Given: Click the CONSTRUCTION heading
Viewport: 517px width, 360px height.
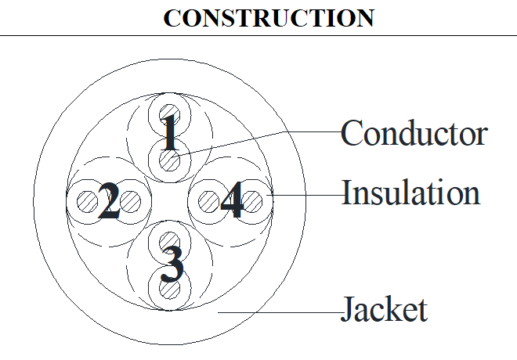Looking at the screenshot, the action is (269, 18).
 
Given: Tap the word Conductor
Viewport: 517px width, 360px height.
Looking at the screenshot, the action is (414, 133).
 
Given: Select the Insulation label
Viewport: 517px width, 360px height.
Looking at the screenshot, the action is (410, 193).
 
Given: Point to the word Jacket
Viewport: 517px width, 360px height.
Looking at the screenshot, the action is (385, 308).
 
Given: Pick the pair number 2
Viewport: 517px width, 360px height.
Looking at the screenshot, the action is (109, 201).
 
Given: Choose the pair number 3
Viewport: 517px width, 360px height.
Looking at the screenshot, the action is (172, 265).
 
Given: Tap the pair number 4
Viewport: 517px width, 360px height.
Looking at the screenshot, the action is (232, 200).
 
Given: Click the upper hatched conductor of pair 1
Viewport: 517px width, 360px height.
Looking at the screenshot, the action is (169, 115).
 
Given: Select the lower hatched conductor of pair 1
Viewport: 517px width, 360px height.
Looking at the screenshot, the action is (169, 160).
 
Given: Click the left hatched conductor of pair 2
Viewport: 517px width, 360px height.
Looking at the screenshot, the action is (88, 201).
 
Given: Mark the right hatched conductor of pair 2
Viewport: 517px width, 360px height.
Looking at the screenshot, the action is (130, 201).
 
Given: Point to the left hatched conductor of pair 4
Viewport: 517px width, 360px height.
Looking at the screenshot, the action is (209, 201).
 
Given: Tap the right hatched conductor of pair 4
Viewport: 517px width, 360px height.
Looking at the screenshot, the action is (252, 201).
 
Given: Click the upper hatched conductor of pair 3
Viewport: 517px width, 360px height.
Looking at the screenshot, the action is (169, 243).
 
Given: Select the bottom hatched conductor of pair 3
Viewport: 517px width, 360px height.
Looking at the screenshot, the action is (169, 289).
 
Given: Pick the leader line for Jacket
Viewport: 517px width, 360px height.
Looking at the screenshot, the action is (280, 312).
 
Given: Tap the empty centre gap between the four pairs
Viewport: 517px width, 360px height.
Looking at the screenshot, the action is (169, 201).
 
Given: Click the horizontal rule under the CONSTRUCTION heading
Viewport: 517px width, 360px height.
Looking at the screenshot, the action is (258, 35).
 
